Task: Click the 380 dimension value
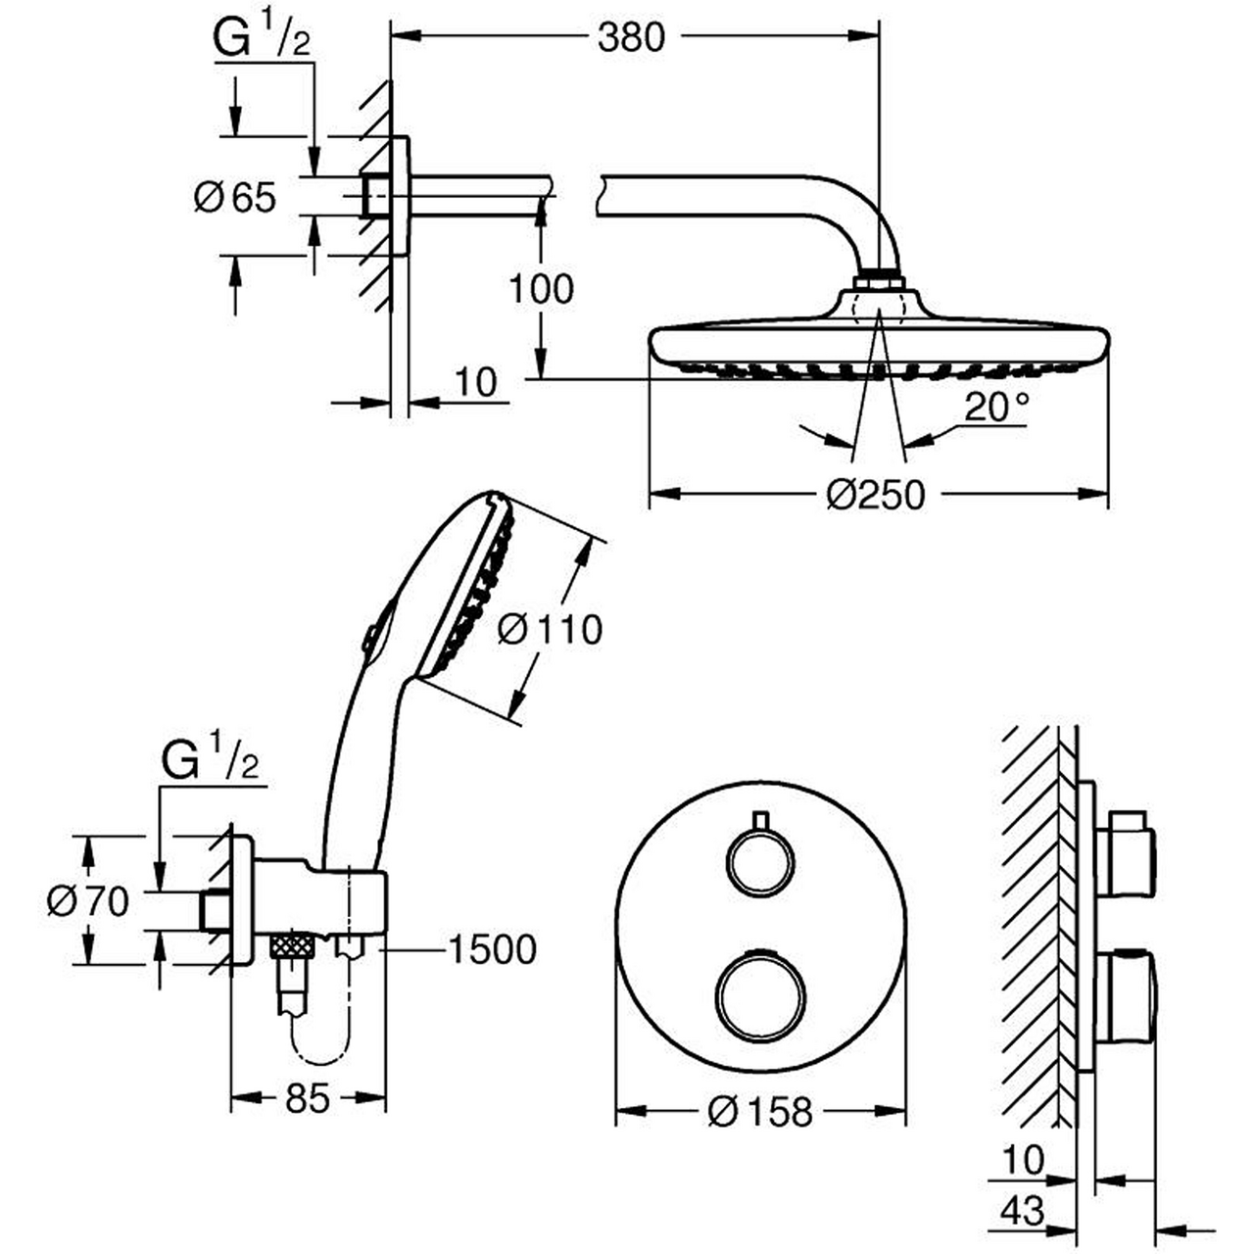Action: click(631, 37)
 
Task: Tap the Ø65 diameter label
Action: click(235, 197)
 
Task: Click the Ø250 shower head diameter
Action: click(875, 495)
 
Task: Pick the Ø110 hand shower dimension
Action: click(550, 630)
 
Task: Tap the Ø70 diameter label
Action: click(88, 902)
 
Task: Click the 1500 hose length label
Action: click(493, 950)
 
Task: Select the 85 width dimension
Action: click(308, 1098)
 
